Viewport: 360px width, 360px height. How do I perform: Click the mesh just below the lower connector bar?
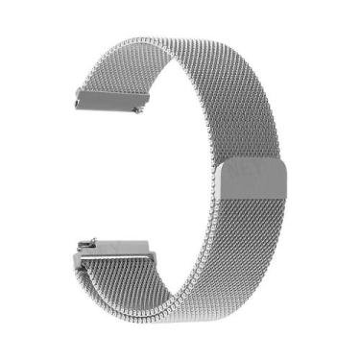134,278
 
